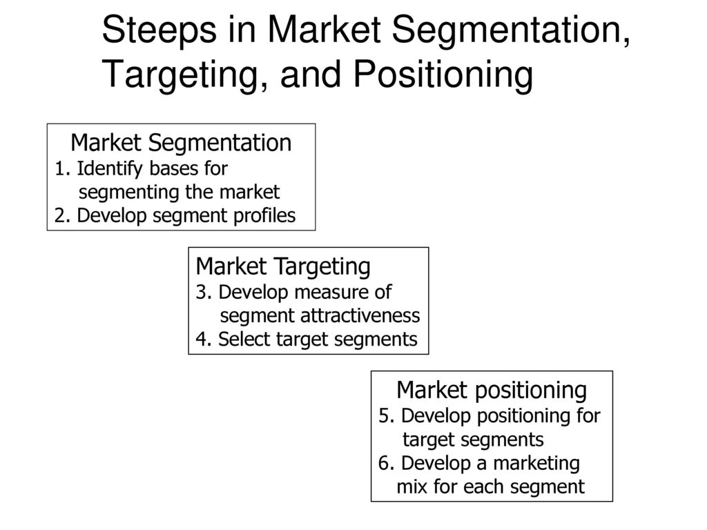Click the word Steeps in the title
(x=159, y=30)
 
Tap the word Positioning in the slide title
(x=443, y=75)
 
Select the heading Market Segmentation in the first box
(x=182, y=143)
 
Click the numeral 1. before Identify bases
(x=63, y=169)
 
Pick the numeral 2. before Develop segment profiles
(x=63, y=216)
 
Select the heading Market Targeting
(x=283, y=266)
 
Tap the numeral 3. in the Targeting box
(x=204, y=293)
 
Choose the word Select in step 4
(x=244, y=339)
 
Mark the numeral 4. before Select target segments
(x=204, y=340)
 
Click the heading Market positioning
(x=492, y=391)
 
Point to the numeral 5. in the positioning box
(x=387, y=416)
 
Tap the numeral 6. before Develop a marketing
(x=387, y=463)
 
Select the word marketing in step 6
(x=536, y=464)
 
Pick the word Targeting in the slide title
(x=180, y=75)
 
